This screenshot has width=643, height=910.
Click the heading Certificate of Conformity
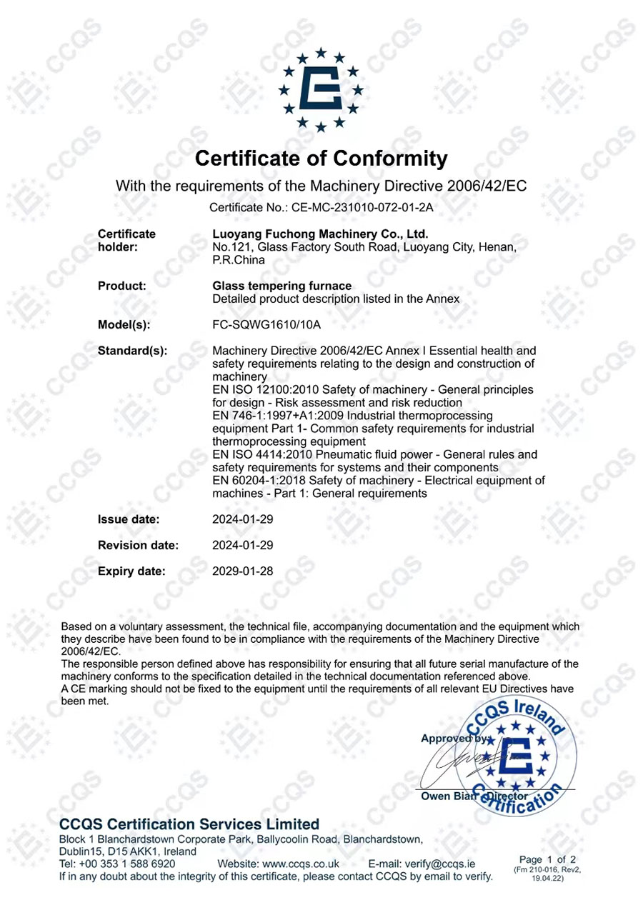coord(321,157)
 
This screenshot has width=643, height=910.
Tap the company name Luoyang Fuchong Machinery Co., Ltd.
coord(321,234)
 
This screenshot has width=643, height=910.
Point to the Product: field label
coord(121,286)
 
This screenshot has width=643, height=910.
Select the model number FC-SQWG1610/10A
coord(267,325)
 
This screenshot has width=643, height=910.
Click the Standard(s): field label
coord(132,351)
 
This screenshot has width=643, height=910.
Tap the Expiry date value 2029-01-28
coord(242,571)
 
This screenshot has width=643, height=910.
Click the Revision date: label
coord(138,545)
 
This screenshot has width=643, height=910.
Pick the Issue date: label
coord(129,519)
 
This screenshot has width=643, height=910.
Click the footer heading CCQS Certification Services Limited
coord(189,824)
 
